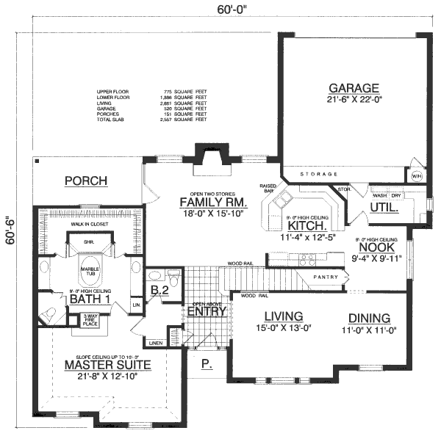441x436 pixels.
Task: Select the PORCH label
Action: [x=85, y=181]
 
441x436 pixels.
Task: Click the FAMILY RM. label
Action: [x=215, y=203]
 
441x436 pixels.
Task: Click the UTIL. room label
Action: [x=384, y=208]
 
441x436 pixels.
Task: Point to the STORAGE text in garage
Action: [x=320, y=174]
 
